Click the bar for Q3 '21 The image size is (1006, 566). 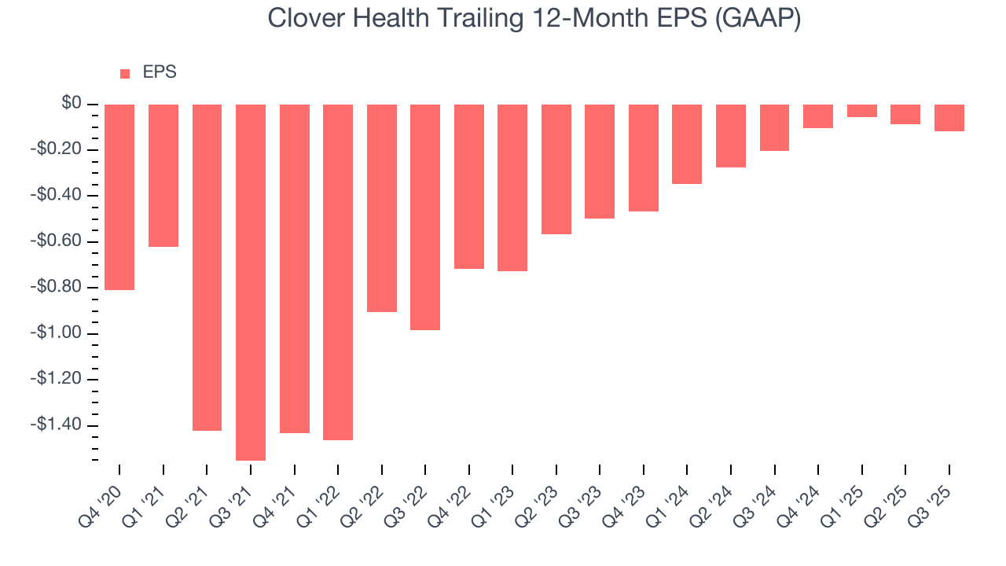(x=251, y=282)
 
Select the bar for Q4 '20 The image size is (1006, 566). (x=119, y=197)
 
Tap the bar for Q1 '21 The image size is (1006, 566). (x=163, y=175)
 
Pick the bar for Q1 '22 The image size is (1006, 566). (x=338, y=272)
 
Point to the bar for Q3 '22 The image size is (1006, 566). (x=425, y=217)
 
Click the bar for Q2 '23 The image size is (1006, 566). (x=556, y=169)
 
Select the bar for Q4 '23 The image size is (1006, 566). (x=644, y=158)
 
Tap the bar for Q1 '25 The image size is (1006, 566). (x=862, y=111)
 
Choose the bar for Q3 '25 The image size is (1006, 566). (x=949, y=118)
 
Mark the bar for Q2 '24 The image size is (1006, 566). (x=731, y=136)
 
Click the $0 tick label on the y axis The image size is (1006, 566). (x=72, y=104)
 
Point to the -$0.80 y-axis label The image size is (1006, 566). (x=57, y=287)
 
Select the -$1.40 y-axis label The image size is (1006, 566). (x=57, y=424)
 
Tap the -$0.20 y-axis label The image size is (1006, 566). (x=57, y=149)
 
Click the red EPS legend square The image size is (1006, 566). (x=125, y=74)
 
